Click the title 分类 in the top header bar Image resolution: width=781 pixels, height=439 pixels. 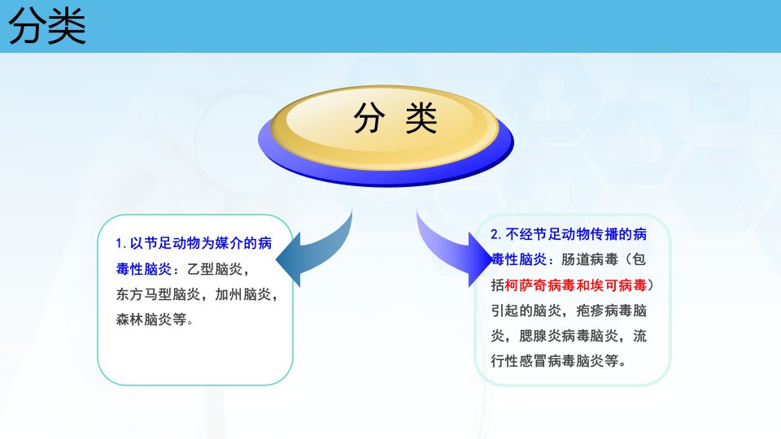click(x=47, y=26)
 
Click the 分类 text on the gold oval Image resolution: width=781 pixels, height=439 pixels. click(x=395, y=118)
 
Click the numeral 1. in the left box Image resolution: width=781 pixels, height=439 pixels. click(x=121, y=243)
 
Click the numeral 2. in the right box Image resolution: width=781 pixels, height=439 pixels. click(x=496, y=234)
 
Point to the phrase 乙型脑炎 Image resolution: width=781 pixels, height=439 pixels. click(x=215, y=269)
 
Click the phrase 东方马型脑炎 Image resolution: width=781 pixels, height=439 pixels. click(x=158, y=294)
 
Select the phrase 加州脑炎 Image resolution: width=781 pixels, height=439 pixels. click(x=243, y=294)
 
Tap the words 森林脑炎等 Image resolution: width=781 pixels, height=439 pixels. click(x=151, y=319)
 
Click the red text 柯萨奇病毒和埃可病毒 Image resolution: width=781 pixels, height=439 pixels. click(x=576, y=285)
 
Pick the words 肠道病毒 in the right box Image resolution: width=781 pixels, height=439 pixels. click(x=590, y=259)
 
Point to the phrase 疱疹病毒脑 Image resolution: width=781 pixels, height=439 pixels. click(x=611, y=311)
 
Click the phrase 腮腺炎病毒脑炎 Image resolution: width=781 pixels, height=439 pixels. click(x=569, y=336)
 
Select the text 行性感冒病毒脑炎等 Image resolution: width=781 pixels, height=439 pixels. click(x=554, y=361)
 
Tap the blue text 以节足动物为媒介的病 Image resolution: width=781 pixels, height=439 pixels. click(x=201, y=243)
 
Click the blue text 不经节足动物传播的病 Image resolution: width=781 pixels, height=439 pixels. click(x=576, y=234)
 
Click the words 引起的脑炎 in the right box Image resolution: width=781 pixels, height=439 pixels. click(x=526, y=311)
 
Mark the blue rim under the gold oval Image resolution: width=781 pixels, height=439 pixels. click(x=386, y=176)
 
